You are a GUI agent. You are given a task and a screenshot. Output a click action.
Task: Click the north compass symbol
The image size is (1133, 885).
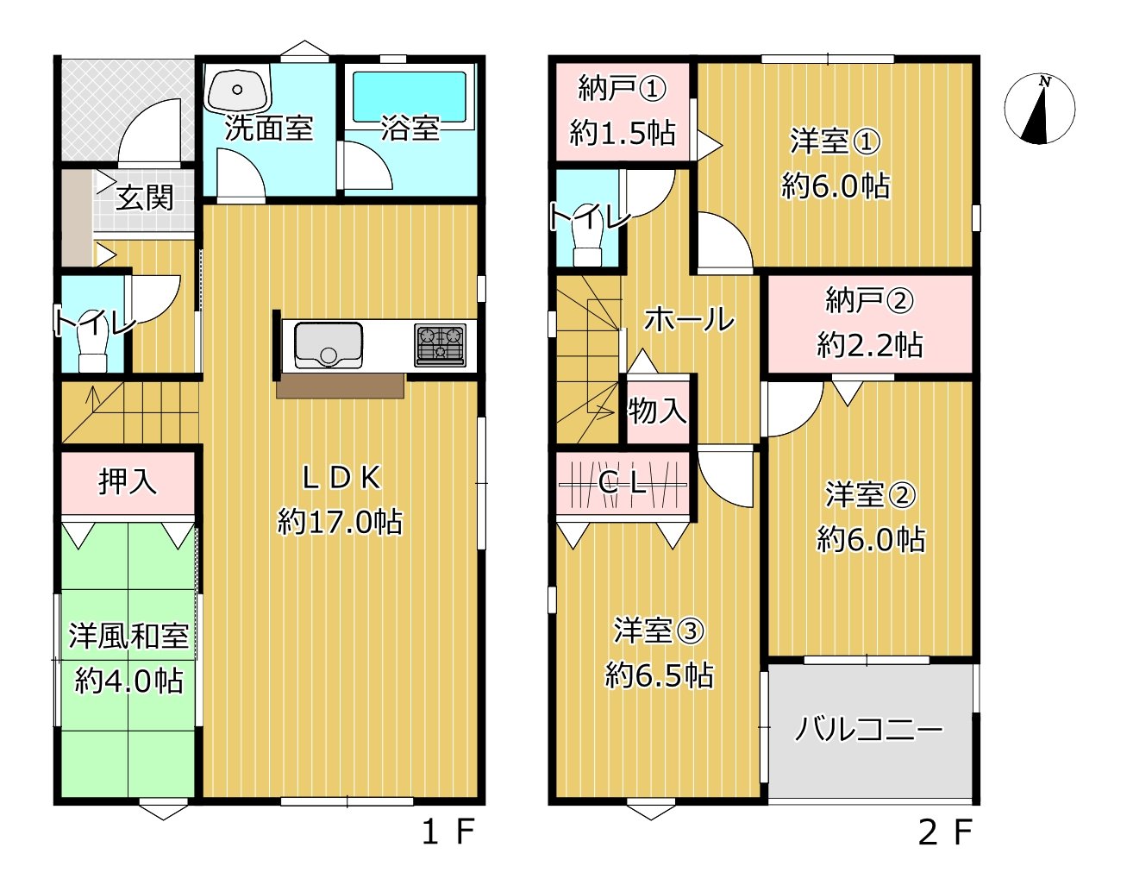(1039, 110)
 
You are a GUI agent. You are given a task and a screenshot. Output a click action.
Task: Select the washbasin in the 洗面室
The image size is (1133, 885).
(237, 89)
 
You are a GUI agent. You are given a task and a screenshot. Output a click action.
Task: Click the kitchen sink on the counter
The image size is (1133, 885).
(328, 344)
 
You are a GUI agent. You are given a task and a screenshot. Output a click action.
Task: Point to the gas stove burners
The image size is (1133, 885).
(440, 345)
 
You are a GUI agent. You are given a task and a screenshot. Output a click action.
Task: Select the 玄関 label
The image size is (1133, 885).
(145, 198)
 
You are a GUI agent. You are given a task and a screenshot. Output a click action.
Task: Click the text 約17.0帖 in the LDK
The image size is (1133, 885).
(340, 522)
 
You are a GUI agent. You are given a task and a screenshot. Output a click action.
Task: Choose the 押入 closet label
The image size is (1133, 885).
(128, 481)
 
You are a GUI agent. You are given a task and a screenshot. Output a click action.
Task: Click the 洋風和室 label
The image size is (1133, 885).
(128, 637)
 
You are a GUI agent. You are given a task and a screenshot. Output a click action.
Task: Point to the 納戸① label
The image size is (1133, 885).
(622, 88)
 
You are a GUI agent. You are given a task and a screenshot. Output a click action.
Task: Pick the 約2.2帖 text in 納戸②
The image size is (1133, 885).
(870, 345)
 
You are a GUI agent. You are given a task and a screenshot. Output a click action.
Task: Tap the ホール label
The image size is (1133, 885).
(689, 320)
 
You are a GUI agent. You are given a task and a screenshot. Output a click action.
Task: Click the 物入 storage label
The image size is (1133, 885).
(658, 411)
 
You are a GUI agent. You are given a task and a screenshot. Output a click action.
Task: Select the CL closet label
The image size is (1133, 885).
(622, 483)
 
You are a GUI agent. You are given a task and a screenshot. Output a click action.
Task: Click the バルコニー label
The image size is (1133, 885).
(868, 730)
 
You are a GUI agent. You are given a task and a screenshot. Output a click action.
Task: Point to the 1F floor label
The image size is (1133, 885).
(448, 832)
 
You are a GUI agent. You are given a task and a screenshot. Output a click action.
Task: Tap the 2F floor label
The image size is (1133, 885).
(945, 832)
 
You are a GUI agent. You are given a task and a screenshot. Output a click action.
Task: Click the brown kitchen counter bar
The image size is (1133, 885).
(341, 386)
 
